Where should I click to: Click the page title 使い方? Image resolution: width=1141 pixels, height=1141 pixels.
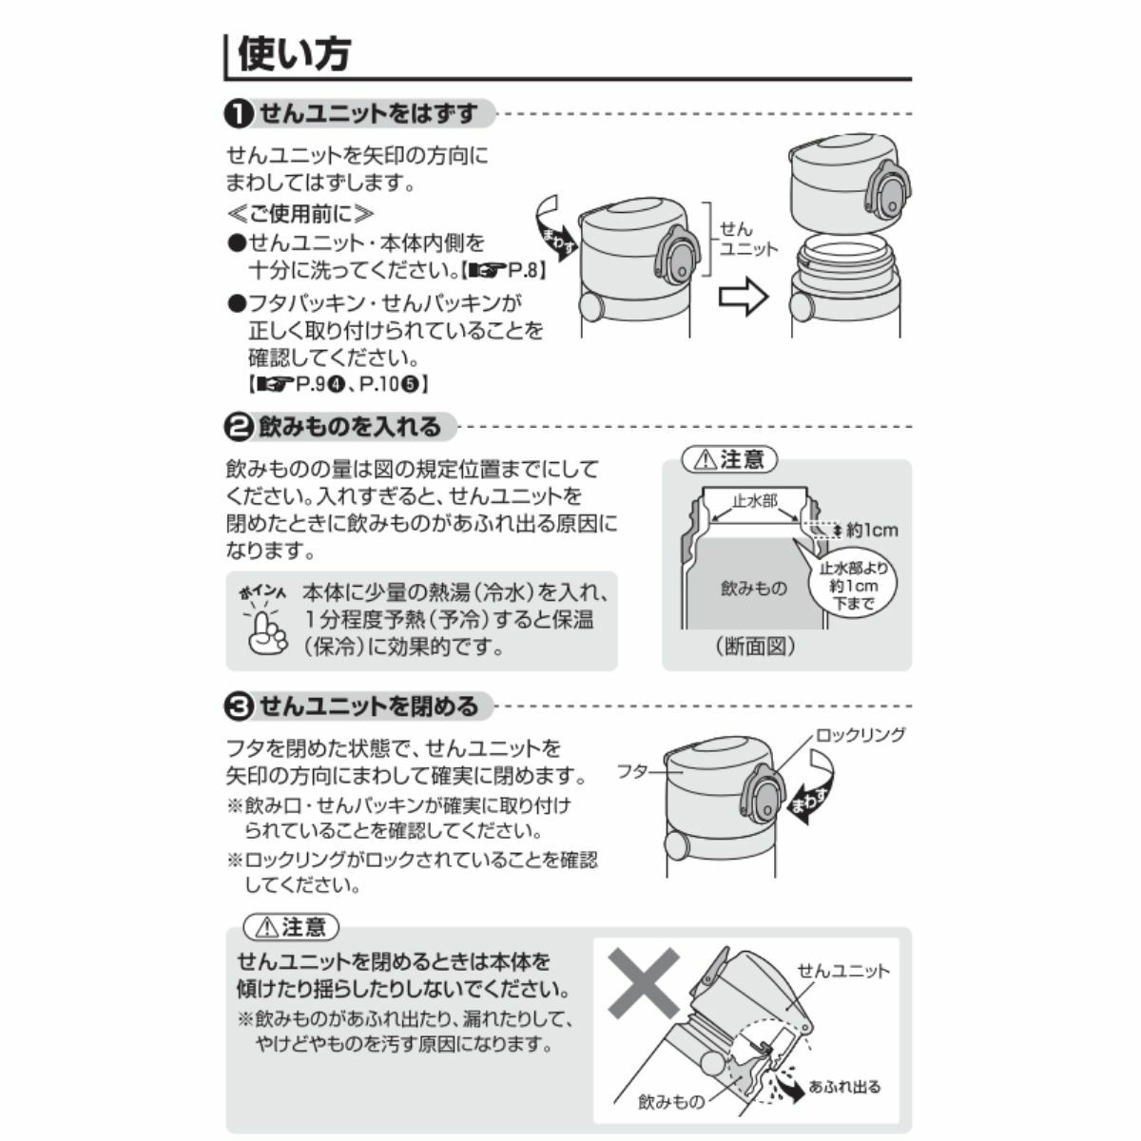coord(294,54)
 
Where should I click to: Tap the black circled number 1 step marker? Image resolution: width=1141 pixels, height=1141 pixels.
coord(239,114)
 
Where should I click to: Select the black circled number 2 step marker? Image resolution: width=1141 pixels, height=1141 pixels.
coord(239,426)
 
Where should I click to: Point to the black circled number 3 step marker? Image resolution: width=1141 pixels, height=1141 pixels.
coord(239,706)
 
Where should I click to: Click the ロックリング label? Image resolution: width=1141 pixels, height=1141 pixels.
coord(861,735)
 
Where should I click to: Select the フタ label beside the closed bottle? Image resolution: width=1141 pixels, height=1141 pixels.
coord(633,771)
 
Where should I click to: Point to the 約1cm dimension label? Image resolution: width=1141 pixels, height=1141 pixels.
coord(872,530)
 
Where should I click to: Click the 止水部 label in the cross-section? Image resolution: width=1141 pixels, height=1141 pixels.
coord(755,501)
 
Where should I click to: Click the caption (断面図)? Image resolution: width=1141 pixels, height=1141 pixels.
coord(756,646)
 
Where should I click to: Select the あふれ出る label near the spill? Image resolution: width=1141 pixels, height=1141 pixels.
coord(845,1070)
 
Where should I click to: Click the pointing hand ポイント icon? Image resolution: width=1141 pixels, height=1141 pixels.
coord(264,622)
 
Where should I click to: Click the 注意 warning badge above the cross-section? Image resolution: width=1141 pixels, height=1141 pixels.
coord(729,459)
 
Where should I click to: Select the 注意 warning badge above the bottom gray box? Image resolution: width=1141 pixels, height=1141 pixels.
coord(291,927)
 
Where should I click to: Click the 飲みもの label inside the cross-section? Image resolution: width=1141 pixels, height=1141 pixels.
coord(753,588)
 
